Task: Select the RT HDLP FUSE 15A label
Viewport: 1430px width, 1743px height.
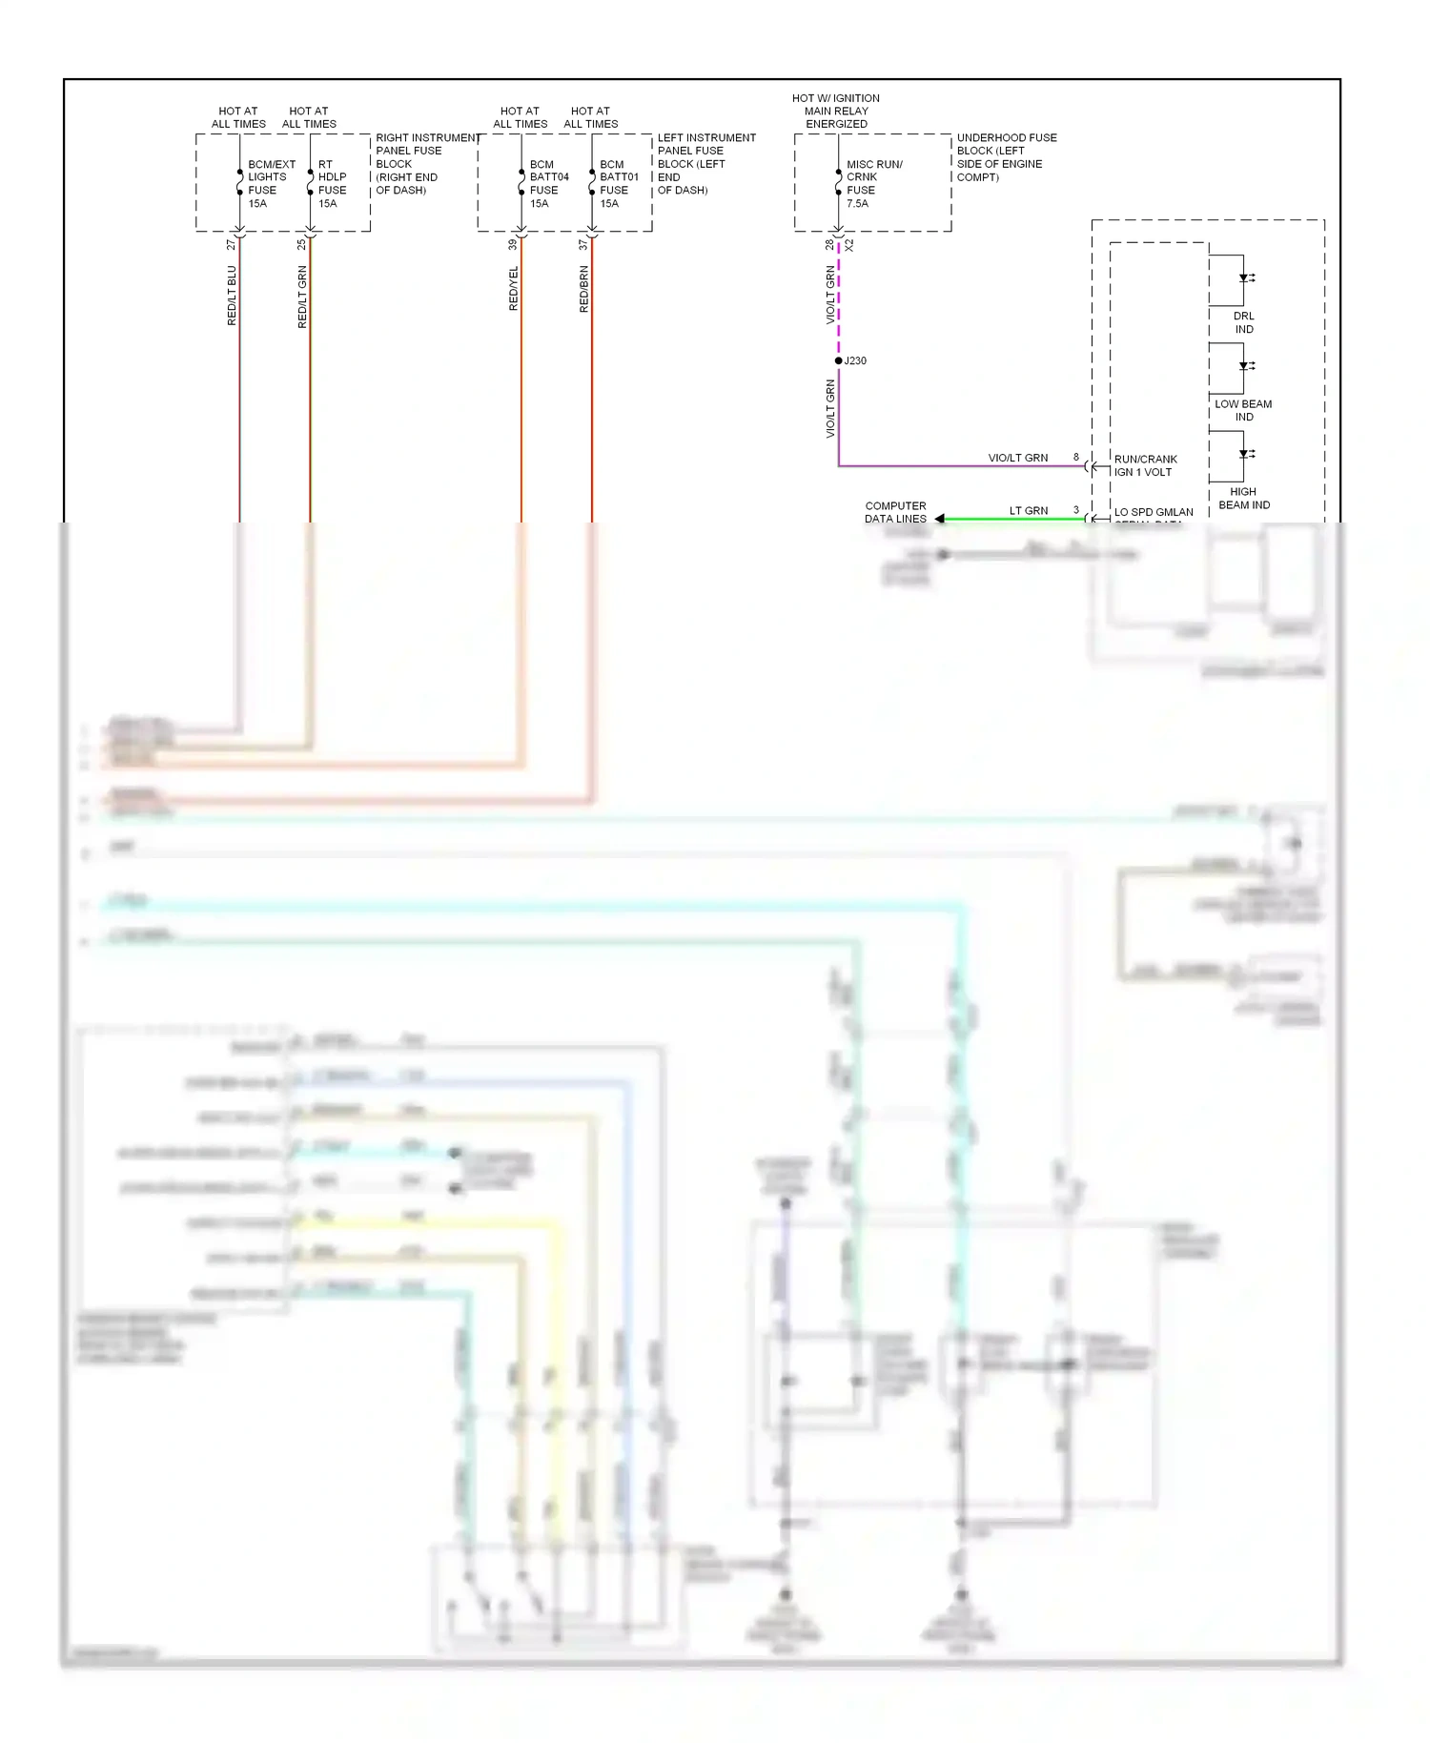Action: coord(331,184)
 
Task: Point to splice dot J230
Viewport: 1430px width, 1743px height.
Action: coord(838,360)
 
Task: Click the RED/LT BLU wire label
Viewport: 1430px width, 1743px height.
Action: coord(232,296)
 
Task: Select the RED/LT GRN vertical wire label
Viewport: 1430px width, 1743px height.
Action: coord(302,297)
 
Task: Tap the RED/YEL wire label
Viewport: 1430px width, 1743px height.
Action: coord(514,288)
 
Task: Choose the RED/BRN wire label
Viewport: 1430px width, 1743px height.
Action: coord(584,289)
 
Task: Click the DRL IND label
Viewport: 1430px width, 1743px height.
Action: coord(1243,322)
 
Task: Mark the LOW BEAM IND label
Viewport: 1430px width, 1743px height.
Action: coord(1243,410)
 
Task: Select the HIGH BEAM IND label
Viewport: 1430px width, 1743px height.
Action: coord(1243,498)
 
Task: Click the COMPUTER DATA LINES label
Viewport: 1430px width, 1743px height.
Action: coord(895,512)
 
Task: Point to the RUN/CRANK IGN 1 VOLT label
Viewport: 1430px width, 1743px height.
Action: coord(1145,465)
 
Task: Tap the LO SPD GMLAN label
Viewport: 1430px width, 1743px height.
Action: coord(1154,512)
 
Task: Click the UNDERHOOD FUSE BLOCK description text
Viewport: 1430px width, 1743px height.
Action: coord(1005,157)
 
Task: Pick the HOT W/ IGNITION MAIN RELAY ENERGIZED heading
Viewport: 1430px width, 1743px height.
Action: coord(836,111)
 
